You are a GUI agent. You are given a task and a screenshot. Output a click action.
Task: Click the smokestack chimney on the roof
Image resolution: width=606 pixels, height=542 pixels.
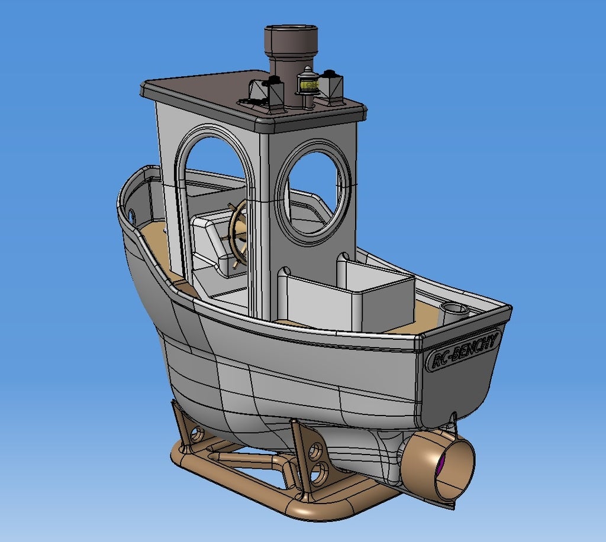290,59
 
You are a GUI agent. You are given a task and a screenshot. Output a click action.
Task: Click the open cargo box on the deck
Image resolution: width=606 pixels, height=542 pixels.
379,296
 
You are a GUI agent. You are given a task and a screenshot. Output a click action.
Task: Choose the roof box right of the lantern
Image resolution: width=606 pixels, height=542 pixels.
331,88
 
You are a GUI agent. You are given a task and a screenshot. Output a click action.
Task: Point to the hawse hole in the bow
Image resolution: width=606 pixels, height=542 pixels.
131,213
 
